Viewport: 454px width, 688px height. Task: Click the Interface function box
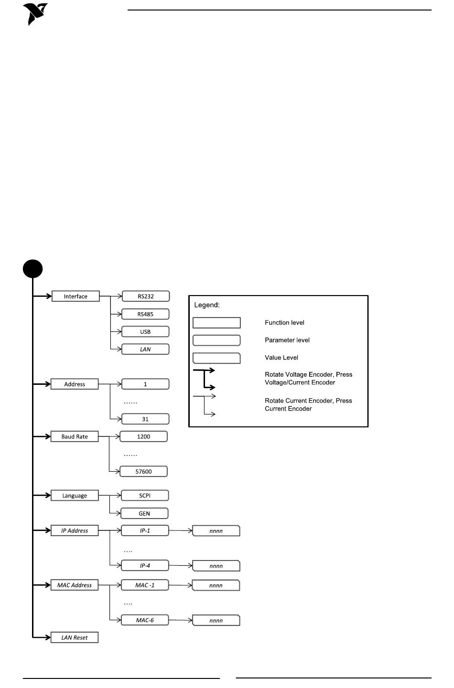tap(76, 296)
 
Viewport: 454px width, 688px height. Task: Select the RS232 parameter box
tap(146, 296)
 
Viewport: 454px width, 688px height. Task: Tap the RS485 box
tap(145, 314)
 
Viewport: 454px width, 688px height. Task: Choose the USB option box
tap(145, 331)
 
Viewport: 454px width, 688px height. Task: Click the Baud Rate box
tap(75, 436)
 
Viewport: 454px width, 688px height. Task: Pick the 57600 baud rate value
tap(143, 471)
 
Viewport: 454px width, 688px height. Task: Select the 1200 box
tap(143, 436)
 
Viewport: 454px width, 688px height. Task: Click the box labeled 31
tap(145, 419)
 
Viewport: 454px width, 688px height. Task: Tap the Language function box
tap(75, 496)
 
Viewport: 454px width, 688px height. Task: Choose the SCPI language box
tap(145, 496)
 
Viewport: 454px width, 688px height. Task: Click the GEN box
tap(144, 513)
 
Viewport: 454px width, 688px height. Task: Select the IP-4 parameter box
tap(145, 565)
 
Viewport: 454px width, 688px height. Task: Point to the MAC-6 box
tap(145, 620)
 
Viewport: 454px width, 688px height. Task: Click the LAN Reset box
tap(75, 637)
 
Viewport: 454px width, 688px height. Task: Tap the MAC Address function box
tap(75, 585)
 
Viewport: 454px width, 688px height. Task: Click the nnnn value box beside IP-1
tap(216, 531)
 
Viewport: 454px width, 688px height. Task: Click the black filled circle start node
tap(32, 269)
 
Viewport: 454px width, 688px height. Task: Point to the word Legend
tap(207, 305)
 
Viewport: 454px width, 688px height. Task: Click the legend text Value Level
tap(281, 358)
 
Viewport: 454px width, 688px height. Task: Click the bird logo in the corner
tap(34, 14)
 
